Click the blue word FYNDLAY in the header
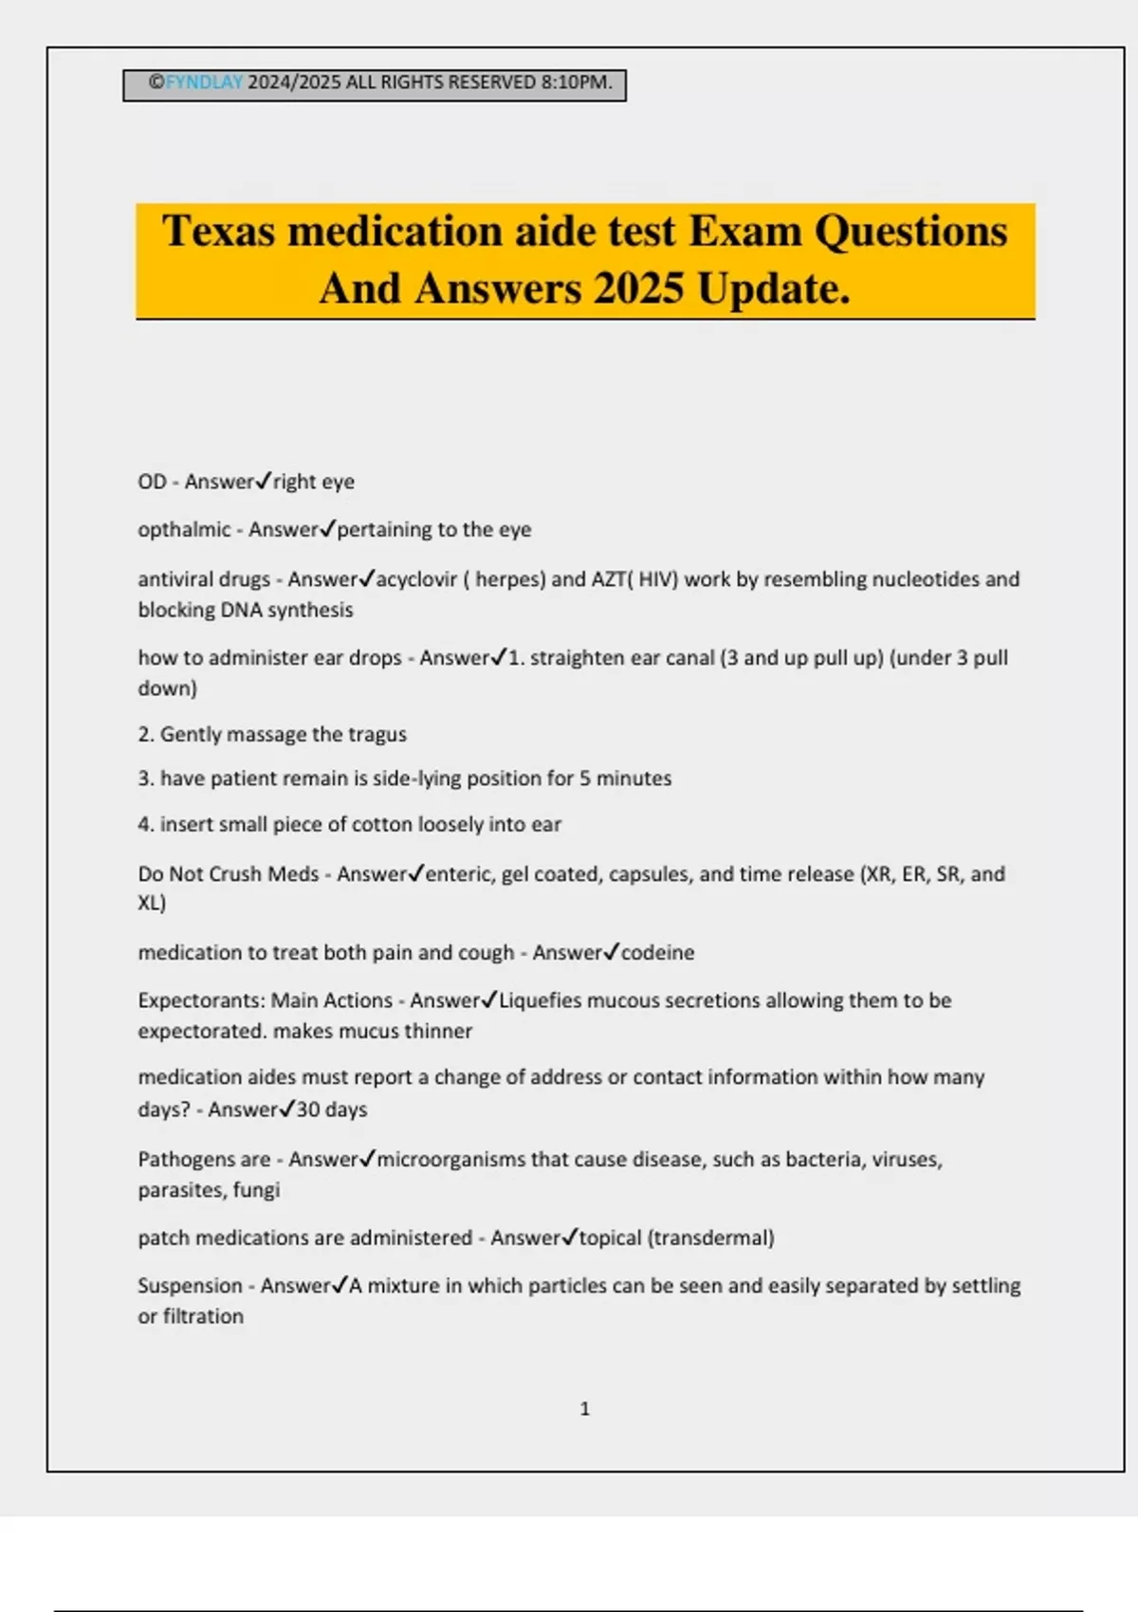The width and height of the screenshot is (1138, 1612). (204, 82)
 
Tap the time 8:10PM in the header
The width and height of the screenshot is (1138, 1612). (577, 82)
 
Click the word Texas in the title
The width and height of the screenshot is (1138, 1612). (218, 231)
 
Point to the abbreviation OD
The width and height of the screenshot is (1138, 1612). (152, 482)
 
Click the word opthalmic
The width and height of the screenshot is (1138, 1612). (184, 530)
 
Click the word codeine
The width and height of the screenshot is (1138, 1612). (657, 953)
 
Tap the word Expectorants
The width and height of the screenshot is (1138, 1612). (200, 1000)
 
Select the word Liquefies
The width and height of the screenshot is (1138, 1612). (543, 1000)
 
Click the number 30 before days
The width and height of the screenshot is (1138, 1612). (308, 1109)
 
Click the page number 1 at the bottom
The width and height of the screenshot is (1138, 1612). (584, 1409)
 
